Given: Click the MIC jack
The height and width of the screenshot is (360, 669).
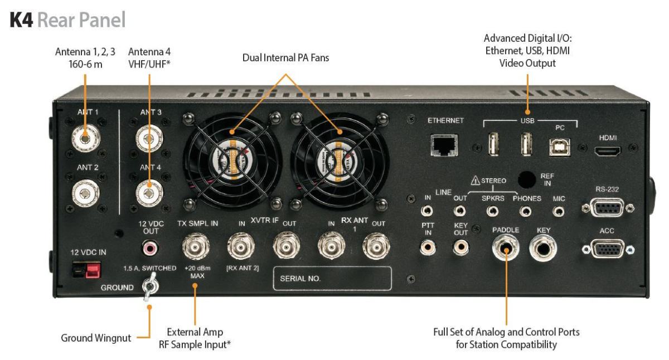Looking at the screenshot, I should coord(559,212).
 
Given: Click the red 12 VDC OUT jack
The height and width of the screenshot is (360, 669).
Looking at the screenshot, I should coord(148,246).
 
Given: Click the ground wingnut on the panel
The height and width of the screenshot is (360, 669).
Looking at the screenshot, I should coord(149,288).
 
